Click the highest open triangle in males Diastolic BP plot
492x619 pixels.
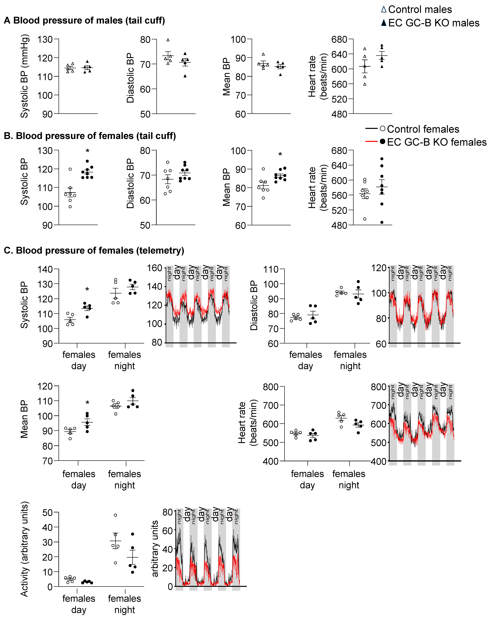coord(168,40)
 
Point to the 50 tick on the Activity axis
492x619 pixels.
coord(47,513)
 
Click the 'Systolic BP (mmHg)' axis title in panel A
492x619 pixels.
coord(25,76)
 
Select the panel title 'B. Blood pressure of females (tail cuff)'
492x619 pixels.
coord(90,136)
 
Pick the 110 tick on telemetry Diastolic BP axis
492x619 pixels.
coord(271,269)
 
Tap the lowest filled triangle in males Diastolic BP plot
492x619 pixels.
coord(185,76)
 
